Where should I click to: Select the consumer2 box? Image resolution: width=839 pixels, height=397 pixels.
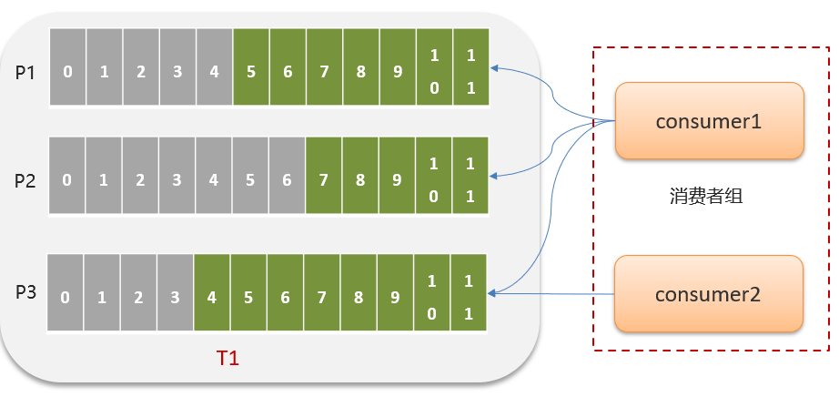(709, 293)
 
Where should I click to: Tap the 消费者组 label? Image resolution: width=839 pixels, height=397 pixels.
(706, 195)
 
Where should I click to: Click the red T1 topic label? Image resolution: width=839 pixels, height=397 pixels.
(227, 358)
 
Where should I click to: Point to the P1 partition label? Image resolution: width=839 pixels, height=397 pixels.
(25, 72)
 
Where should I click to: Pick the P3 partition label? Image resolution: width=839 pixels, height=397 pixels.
(25, 292)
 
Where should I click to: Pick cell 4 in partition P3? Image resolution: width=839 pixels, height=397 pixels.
(212, 297)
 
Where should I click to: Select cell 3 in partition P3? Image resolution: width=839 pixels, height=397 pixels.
(175, 297)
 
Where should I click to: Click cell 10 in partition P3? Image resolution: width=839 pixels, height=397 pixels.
(432, 297)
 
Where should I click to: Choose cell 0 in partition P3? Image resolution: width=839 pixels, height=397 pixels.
(64, 297)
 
